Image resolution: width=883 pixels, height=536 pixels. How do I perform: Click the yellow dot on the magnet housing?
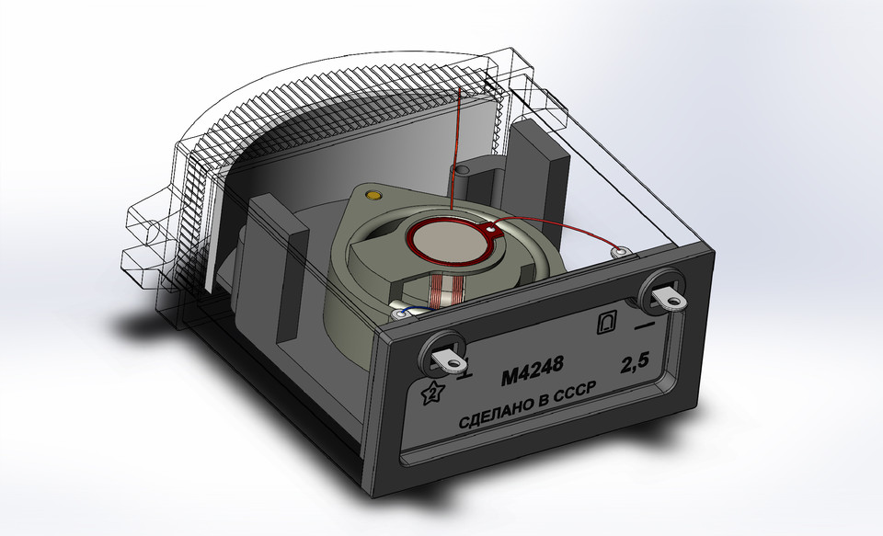coord(373,195)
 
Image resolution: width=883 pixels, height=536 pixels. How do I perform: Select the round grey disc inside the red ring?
coord(445,242)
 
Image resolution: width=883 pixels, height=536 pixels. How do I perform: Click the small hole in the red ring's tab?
coord(492,228)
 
